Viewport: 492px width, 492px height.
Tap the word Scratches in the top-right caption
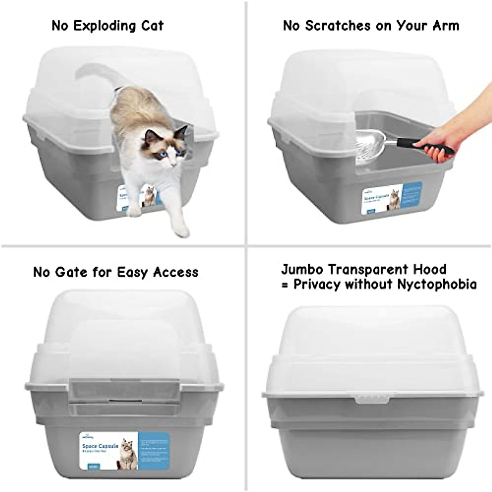[x=336, y=26]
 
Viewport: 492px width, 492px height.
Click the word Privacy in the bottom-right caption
[x=317, y=284]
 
